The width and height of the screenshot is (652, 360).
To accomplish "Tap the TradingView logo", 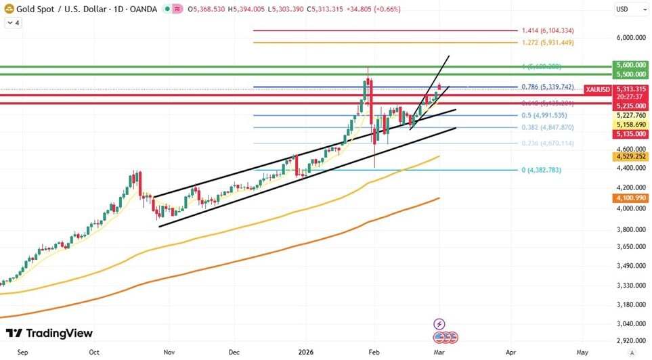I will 49,333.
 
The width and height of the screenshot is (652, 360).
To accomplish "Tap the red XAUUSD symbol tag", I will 599,89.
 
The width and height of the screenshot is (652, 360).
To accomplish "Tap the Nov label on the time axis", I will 169,353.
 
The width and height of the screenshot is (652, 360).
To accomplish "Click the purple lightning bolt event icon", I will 439,323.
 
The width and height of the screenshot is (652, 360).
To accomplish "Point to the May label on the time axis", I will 582,353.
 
